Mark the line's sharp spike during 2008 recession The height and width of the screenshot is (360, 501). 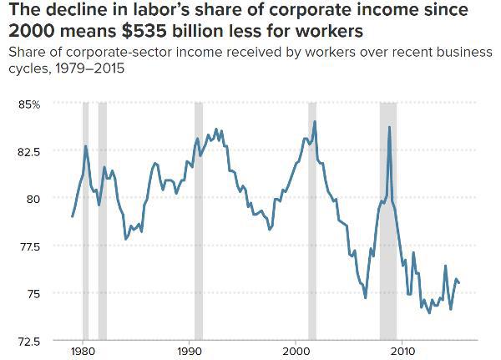(389, 127)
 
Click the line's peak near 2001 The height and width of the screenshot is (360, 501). (315, 122)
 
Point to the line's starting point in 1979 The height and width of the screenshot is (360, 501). (73, 216)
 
